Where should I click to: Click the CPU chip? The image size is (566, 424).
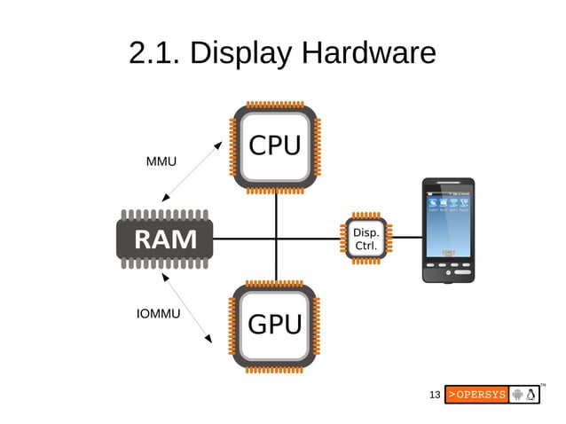click(x=275, y=147)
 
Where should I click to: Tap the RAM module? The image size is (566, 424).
click(x=165, y=238)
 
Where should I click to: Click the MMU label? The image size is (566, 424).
click(x=161, y=162)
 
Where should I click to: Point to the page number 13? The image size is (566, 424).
click(x=434, y=394)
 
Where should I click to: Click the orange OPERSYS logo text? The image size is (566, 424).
click(x=476, y=394)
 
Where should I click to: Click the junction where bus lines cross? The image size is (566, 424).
click(x=276, y=238)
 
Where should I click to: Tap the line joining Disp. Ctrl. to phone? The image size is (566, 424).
click(x=405, y=238)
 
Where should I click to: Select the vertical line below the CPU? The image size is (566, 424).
click(x=276, y=213)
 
